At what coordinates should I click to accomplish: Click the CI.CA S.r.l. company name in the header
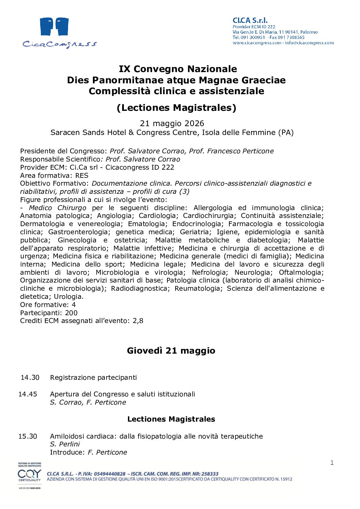(x=250, y=20)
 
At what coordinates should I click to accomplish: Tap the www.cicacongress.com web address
(x=257, y=43)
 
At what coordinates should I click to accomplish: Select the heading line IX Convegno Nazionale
(x=178, y=69)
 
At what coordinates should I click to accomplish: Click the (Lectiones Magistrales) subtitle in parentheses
(x=176, y=108)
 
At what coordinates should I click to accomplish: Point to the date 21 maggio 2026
(x=172, y=123)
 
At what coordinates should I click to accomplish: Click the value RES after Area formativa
(x=82, y=175)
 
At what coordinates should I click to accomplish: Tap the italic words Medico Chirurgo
(x=58, y=208)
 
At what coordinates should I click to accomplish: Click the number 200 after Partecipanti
(x=71, y=313)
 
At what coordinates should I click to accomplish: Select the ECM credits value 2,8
(x=138, y=321)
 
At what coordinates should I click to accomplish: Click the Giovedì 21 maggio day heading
(x=171, y=351)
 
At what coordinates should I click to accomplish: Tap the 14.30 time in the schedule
(x=30, y=377)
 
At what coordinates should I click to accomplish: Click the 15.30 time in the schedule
(x=28, y=436)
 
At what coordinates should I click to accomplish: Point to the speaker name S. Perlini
(x=65, y=444)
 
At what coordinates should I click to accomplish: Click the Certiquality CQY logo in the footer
(x=30, y=475)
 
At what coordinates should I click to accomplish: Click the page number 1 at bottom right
(x=332, y=463)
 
